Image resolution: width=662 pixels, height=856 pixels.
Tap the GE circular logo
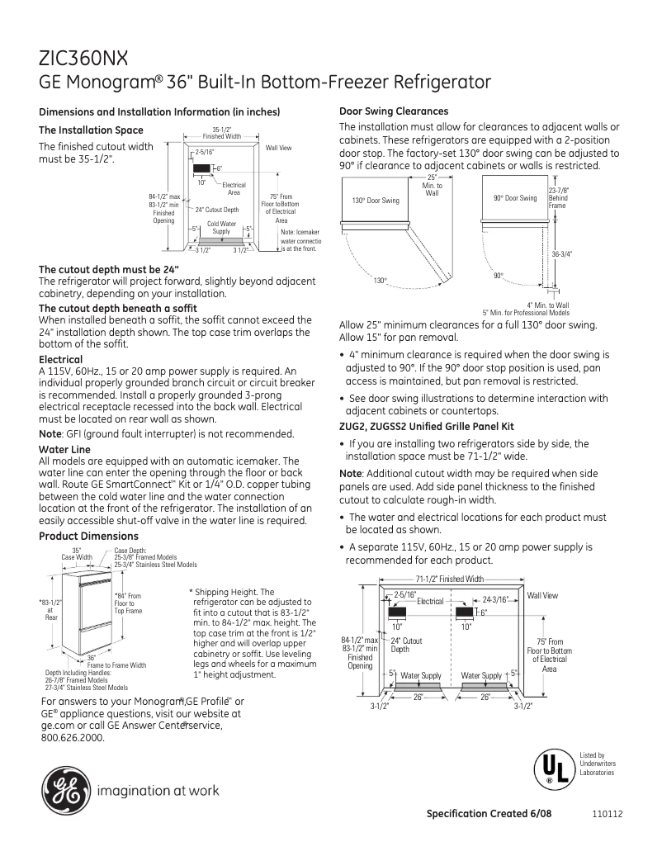(64, 790)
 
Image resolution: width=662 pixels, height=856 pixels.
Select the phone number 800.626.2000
(73, 738)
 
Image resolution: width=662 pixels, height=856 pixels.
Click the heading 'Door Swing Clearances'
(394, 111)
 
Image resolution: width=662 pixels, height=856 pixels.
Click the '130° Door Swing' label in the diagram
(376, 201)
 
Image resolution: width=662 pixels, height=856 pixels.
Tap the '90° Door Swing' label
(516, 198)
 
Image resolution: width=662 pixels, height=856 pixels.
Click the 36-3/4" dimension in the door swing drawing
(562, 254)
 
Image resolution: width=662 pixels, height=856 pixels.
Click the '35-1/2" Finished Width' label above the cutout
(222, 133)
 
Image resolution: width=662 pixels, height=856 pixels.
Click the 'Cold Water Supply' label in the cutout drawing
(222, 228)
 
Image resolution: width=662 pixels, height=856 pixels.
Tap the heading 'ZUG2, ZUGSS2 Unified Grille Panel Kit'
(427, 427)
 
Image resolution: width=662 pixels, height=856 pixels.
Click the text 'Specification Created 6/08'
(489, 813)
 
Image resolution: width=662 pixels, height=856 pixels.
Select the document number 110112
(607, 814)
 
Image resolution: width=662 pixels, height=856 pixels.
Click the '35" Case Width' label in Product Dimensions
(77, 554)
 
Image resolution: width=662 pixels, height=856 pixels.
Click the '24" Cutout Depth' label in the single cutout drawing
(217, 210)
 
